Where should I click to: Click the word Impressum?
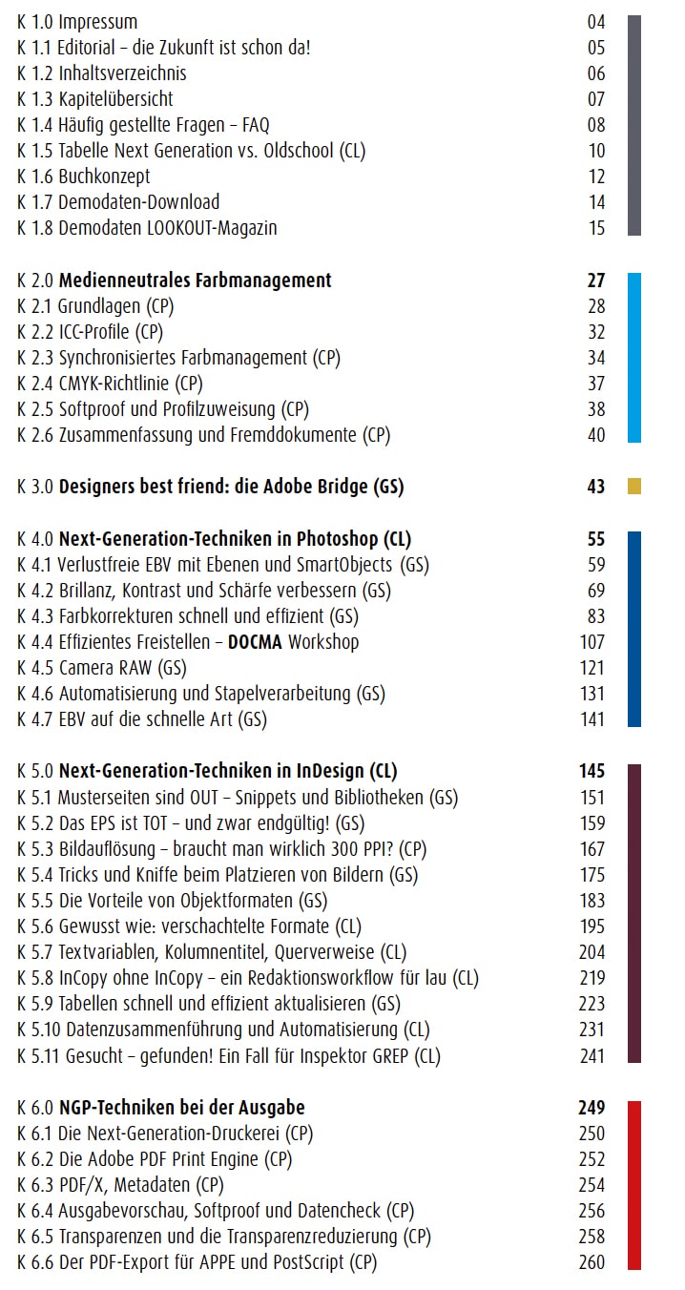pyautogui.click(x=98, y=23)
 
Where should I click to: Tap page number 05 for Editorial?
pyautogui.click(x=596, y=47)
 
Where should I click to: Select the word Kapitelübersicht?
pyautogui.click(x=115, y=99)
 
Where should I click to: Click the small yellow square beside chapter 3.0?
pyautogui.click(x=633, y=486)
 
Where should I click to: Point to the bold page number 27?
pyautogui.click(x=596, y=281)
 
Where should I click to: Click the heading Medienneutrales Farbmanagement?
pyautogui.click(x=196, y=281)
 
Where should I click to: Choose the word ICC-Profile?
pyautogui.click(x=93, y=332)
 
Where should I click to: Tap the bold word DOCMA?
pyautogui.click(x=255, y=641)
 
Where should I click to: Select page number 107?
pyautogui.click(x=592, y=641)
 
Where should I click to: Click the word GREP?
pyautogui.click(x=391, y=1055)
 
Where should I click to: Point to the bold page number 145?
pyautogui.click(x=592, y=771)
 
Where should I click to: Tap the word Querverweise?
pyautogui.click(x=324, y=952)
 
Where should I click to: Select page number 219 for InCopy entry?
pyautogui.click(x=592, y=977)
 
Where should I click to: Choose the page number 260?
pyautogui.click(x=592, y=1261)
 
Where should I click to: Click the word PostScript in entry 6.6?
pyautogui.click(x=308, y=1262)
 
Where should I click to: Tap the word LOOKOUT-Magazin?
pyautogui.click(x=212, y=228)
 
